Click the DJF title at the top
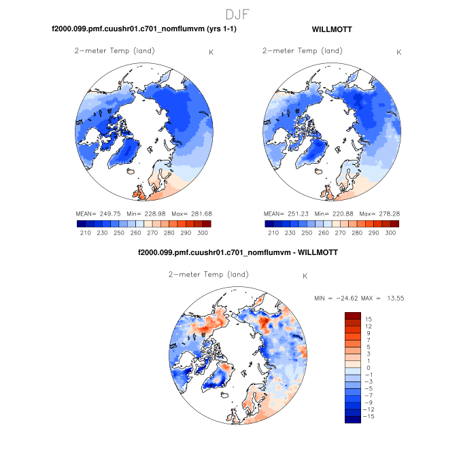point(238,14)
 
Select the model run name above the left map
point(144,30)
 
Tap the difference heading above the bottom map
point(238,252)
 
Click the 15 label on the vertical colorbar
point(369,318)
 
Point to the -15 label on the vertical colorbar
point(367,416)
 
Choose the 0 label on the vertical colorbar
point(368,367)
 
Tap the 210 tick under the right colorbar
point(273,233)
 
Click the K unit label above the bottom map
point(305,276)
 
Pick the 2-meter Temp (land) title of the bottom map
point(208,275)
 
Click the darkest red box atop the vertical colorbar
point(352,315)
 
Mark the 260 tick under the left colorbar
point(136,233)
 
